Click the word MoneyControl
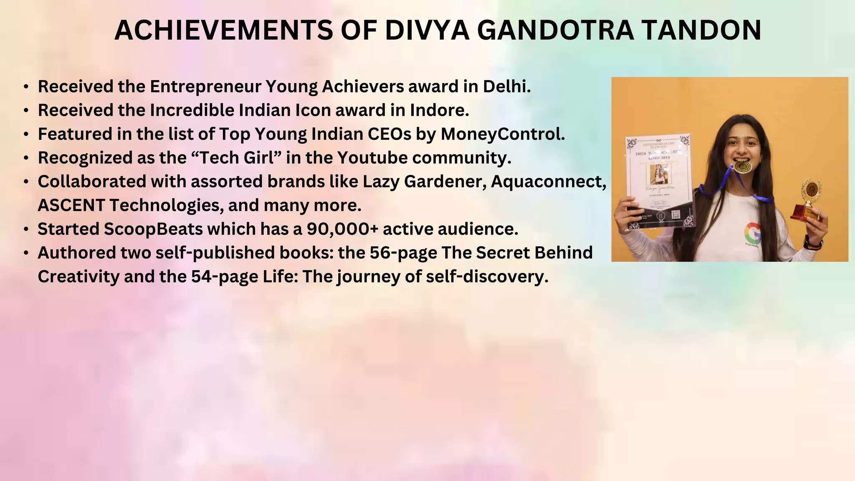[x=503, y=134]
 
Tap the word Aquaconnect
[x=548, y=182]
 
